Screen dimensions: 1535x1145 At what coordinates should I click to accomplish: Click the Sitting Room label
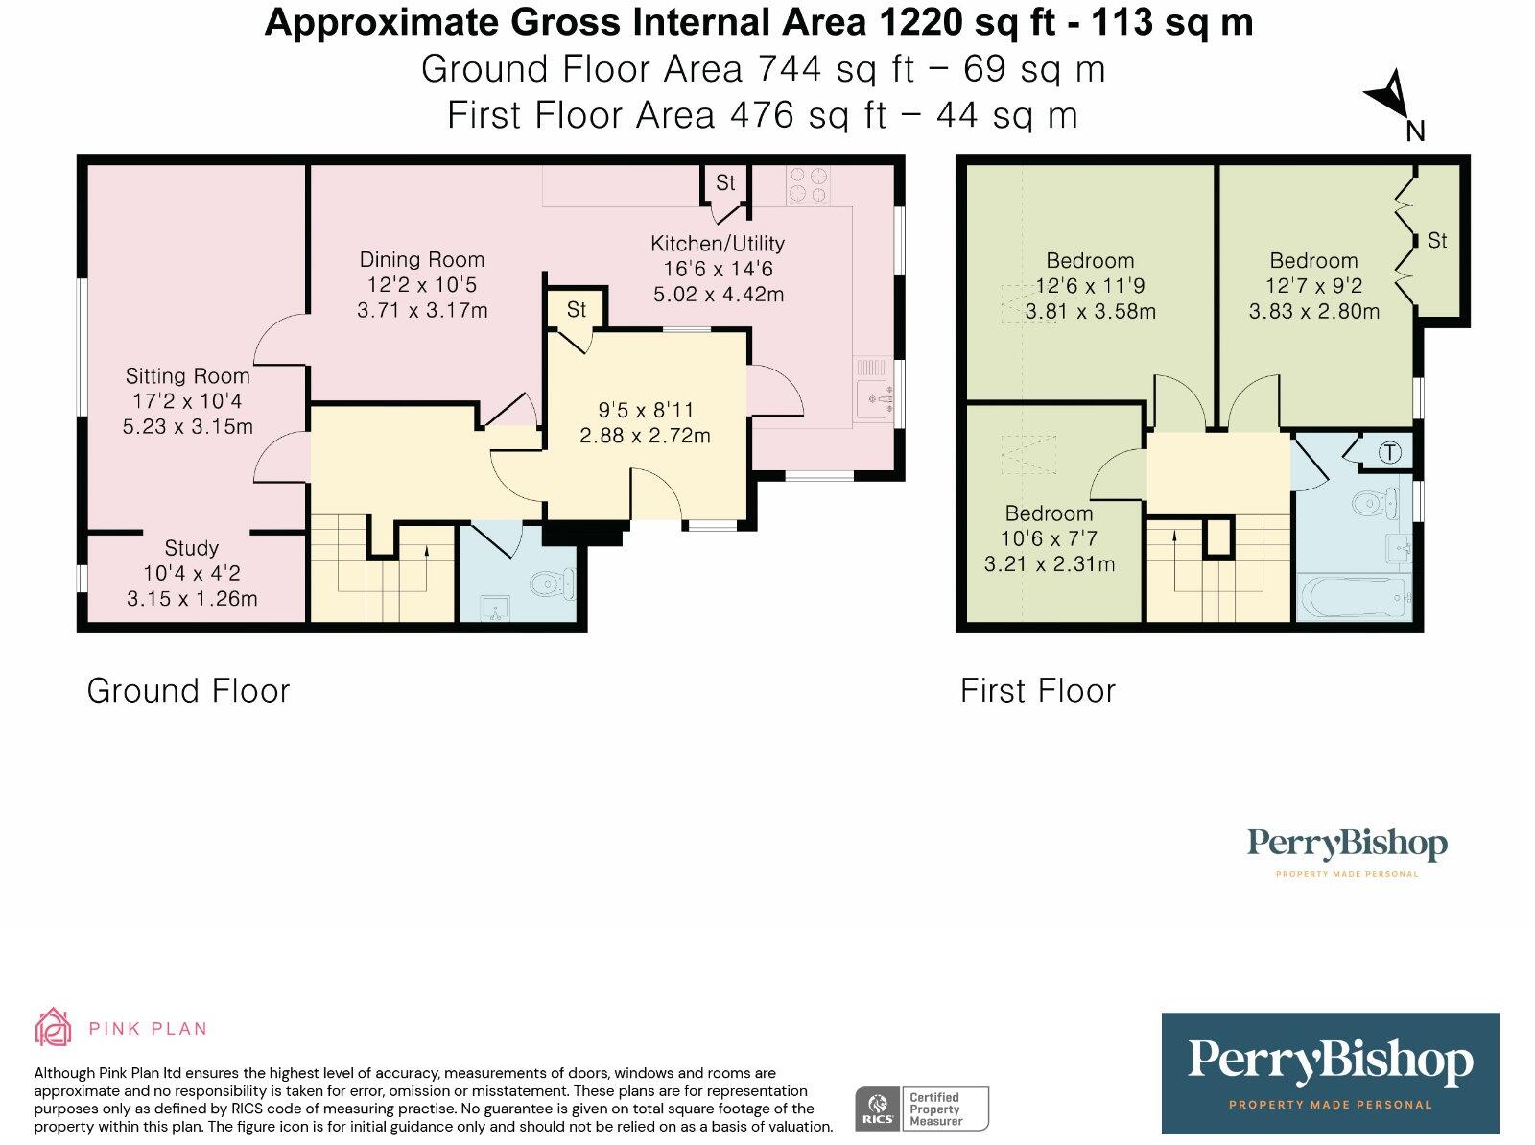pos(187,376)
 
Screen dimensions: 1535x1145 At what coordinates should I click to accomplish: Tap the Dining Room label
pos(422,259)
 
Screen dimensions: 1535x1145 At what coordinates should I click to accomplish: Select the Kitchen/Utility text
pos(718,244)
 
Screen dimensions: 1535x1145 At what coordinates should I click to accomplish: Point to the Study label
pos(191,548)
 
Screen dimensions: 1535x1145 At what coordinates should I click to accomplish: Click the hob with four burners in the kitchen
pos(808,184)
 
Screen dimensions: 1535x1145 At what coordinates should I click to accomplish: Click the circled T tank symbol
pos(1389,453)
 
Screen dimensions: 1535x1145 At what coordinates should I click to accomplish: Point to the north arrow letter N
pos(1415,131)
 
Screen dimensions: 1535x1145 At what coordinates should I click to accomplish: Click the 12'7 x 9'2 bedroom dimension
pos(1314,285)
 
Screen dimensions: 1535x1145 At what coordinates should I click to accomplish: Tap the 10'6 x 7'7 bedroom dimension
pos(1049,538)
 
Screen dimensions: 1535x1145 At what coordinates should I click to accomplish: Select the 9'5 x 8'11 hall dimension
pos(645,410)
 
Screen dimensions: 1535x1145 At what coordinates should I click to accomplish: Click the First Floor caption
pos(1038,691)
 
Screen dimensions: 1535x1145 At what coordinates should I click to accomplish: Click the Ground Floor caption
pos(188,691)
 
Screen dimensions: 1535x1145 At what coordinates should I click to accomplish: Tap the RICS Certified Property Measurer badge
pos(922,1109)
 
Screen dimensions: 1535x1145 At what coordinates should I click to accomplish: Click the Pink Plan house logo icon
pos(53,1027)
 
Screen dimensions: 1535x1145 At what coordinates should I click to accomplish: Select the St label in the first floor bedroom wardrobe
pos(1437,241)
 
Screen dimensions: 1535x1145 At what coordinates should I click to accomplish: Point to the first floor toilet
pos(1376,504)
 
